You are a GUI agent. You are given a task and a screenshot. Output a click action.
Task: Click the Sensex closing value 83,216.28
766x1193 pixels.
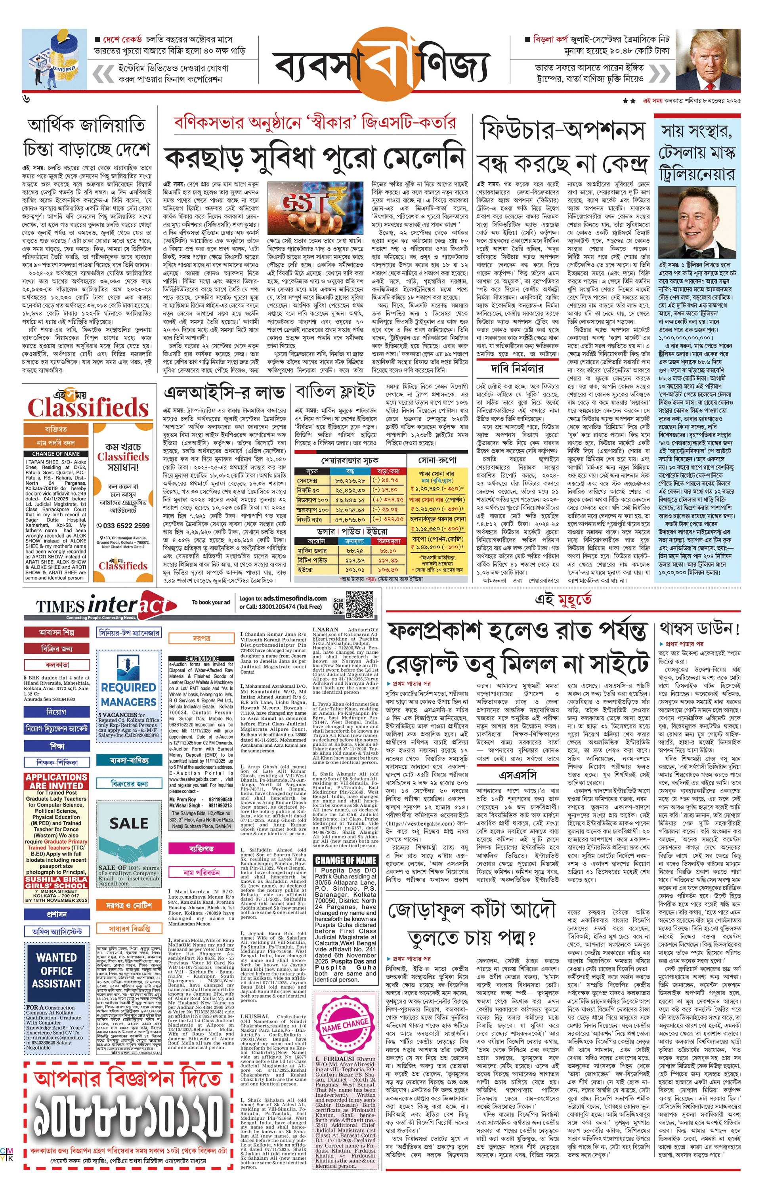click(x=350, y=481)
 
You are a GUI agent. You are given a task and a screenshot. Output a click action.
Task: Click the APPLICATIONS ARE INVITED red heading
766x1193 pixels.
click(x=56, y=781)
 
